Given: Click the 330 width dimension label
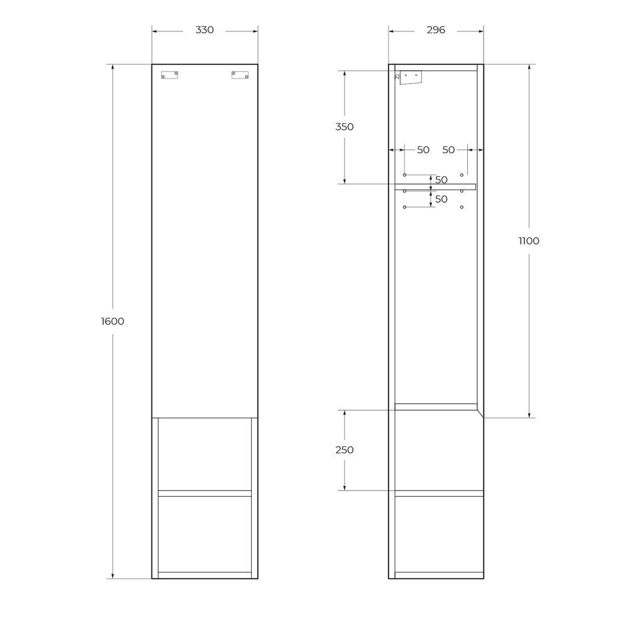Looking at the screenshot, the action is click(x=204, y=30).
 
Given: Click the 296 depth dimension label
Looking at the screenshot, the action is click(x=436, y=30).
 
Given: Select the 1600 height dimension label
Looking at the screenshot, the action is click(x=112, y=321).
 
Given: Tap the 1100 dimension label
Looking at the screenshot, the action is click(x=529, y=240).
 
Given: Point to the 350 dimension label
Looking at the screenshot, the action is click(x=345, y=127).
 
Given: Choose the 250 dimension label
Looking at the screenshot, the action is click(x=345, y=450).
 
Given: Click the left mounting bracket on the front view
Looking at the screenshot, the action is click(x=170, y=75).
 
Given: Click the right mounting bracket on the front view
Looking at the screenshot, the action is click(x=240, y=75).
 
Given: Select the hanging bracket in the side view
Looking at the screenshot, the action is click(x=411, y=77).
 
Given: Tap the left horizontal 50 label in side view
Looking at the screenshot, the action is click(x=423, y=150).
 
